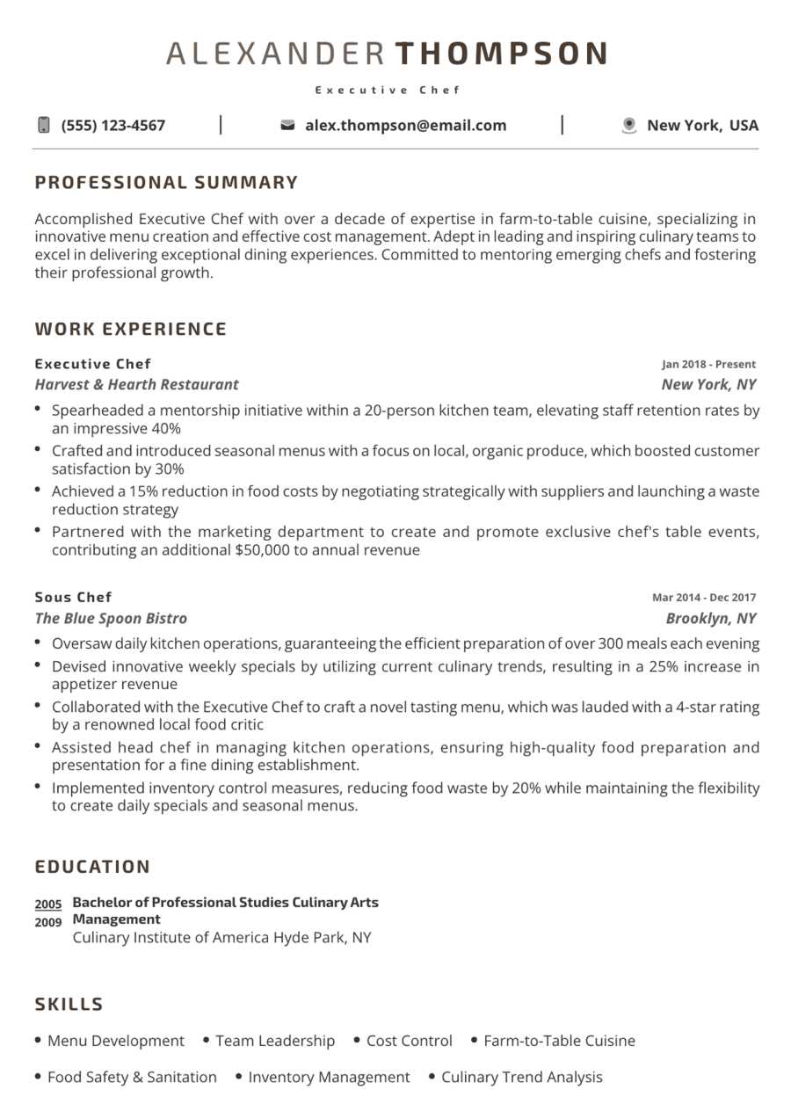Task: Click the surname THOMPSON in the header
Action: point(501,54)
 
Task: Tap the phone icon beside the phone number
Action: point(44,125)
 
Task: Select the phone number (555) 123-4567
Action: point(113,126)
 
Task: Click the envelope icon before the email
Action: point(287,126)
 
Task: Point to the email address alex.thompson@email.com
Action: point(406,126)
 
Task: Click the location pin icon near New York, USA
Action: point(628,126)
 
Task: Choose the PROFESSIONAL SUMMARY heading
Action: point(167,183)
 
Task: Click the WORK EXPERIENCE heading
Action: point(131,330)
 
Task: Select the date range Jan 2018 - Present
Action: point(708,364)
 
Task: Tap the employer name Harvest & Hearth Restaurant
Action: point(137,384)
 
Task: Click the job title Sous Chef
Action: point(74,598)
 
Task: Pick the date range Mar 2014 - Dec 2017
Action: point(703,598)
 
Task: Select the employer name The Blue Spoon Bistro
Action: point(112,618)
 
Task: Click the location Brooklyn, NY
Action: point(711,618)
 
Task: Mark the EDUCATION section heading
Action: point(93,868)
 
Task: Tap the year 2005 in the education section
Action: point(48,905)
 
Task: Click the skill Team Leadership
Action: point(275,1041)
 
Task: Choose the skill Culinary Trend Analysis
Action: point(522,1078)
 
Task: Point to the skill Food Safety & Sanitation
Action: point(132,1078)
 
